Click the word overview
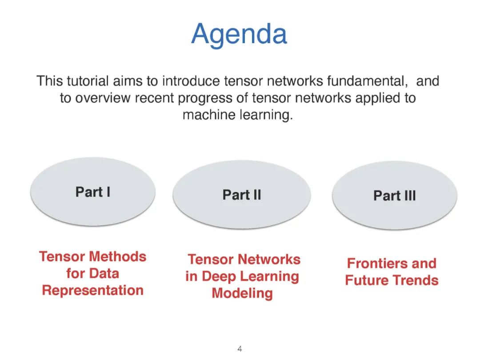(x=100, y=98)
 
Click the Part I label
(x=92, y=192)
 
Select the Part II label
(x=241, y=195)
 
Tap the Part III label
(x=394, y=196)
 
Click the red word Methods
(x=118, y=256)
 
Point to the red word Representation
(x=92, y=290)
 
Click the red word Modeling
(x=242, y=293)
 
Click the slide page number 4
(x=240, y=349)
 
